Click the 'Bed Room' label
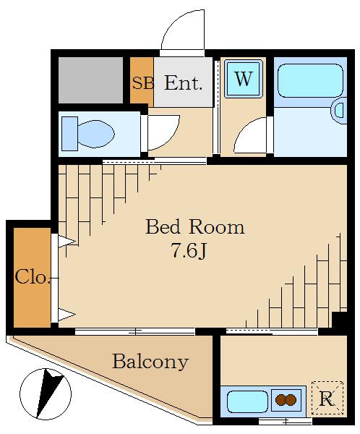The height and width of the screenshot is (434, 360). coord(195,227)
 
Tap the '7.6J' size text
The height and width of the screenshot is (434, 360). coord(189,251)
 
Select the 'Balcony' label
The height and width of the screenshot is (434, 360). coord(150,362)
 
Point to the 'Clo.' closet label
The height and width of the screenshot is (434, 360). coord(33,277)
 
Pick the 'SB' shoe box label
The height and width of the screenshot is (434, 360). coord(143,82)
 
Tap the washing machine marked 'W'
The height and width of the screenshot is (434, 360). coord(244,79)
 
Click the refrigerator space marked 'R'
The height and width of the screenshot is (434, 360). coord(327,398)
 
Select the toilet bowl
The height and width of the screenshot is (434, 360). coord(95,134)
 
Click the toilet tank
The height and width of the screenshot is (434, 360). coord(69,134)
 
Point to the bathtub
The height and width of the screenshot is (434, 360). coord(310,80)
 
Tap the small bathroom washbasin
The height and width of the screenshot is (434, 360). coord(339,110)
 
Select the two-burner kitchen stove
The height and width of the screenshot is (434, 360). coord(286,400)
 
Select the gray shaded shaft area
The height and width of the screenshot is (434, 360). coord(91,80)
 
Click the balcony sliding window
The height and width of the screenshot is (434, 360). coord(135,331)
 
